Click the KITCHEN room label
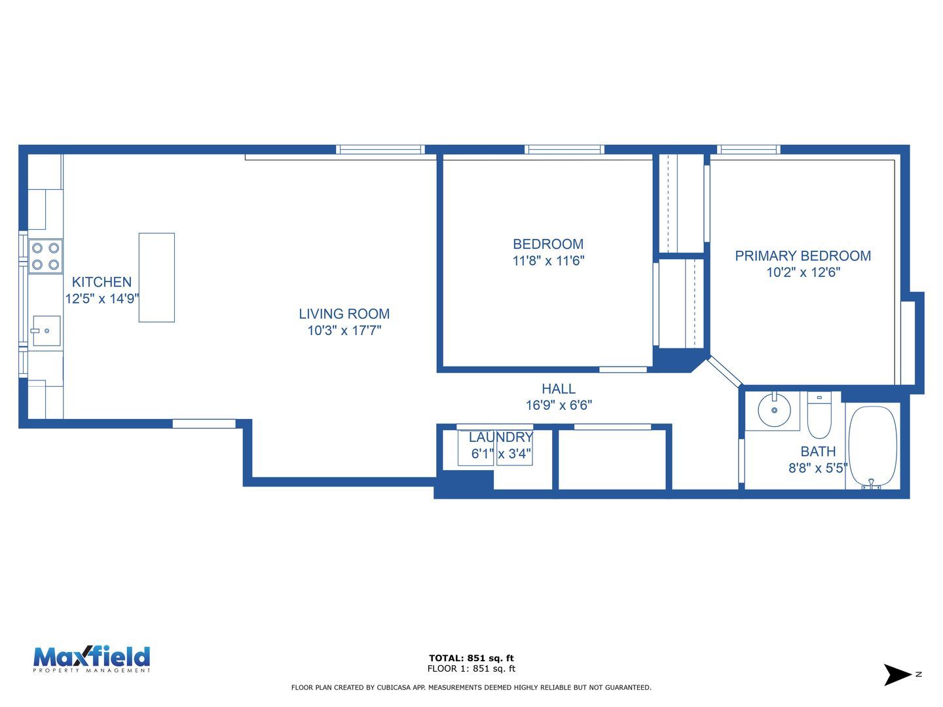102,282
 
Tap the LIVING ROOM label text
344,314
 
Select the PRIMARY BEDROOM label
803,256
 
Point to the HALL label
559,388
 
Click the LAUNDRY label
500,437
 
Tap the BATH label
818,451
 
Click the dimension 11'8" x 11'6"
548,261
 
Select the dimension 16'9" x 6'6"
559,405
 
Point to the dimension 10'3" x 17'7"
344,330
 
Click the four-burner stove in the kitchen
46,256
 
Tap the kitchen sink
46,331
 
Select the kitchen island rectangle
157,278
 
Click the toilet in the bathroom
819,415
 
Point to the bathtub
872,446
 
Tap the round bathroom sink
774,410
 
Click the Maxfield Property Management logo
92,660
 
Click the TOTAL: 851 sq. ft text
471,658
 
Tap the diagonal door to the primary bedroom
725,371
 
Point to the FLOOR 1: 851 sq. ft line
471,668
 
